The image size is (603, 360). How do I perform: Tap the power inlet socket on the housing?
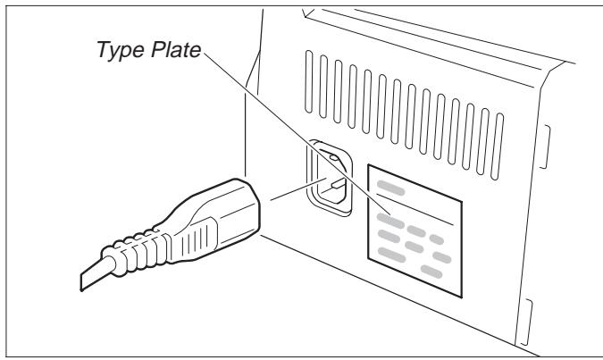pyautogui.click(x=330, y=178)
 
